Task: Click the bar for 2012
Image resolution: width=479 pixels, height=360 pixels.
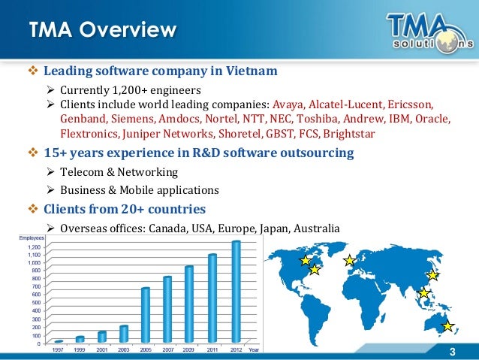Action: pos(236,292)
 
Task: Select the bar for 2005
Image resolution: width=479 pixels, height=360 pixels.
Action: pos(145,316)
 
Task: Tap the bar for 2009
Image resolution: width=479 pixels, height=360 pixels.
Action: pos(189,304)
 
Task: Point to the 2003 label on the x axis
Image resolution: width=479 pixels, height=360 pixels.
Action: pos(123,349)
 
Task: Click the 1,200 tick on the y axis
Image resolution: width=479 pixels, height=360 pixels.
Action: pos(34,247)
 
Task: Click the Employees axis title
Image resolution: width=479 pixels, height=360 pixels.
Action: pos(31,238)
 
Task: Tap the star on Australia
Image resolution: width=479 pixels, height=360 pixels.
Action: pos(447,325)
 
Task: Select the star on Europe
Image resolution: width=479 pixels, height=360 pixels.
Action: pos(349,261)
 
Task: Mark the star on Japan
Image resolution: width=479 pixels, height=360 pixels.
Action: pos(432,275)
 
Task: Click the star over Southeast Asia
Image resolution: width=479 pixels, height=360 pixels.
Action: pos(423,293)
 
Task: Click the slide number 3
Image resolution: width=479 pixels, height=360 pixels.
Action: pos(452,354)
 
